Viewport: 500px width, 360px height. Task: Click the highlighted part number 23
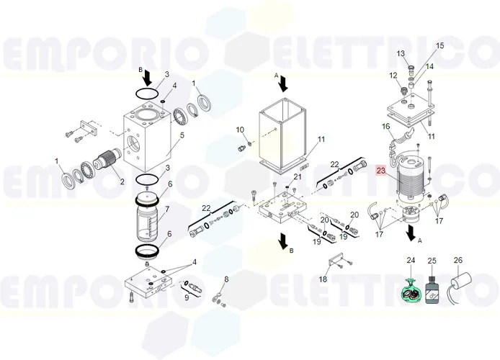[381, 171]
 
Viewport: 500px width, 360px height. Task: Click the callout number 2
[122, 181]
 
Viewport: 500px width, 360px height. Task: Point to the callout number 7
[166, 210]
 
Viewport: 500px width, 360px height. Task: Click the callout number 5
[182, 135]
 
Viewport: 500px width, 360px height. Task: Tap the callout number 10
[240, 130]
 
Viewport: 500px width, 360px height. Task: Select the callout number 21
[298, 177]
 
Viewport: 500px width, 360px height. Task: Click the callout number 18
[323, 279]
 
